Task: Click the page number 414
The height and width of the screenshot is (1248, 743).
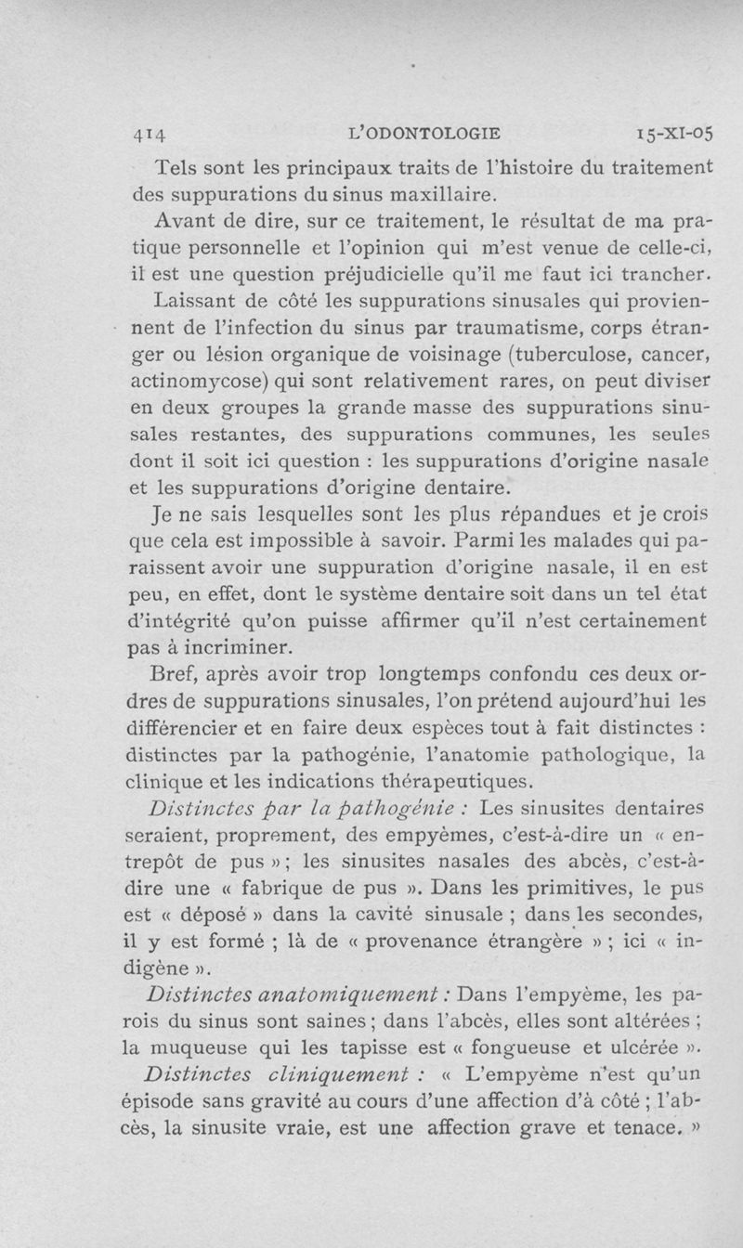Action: click(x=149, y=133)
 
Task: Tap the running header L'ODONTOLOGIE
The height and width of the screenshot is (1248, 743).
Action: click(x=409, y=132)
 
